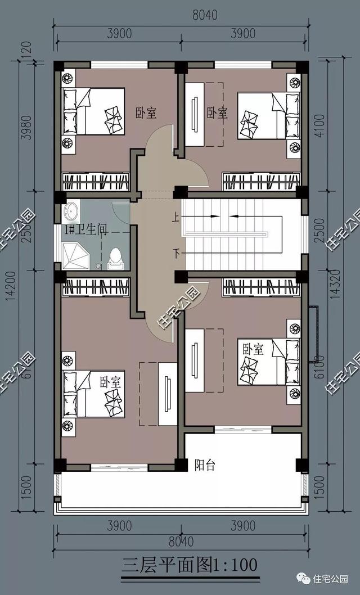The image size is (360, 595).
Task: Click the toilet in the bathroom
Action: click(x=115, y=259)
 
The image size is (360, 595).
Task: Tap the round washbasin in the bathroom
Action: click(x=71, y=212)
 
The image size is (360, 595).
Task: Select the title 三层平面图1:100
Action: click(x=190, y=564)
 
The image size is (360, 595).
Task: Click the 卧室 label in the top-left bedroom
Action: click(x=146, y=112)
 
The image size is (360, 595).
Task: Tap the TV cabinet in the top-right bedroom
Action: click(x=195, y=114)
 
